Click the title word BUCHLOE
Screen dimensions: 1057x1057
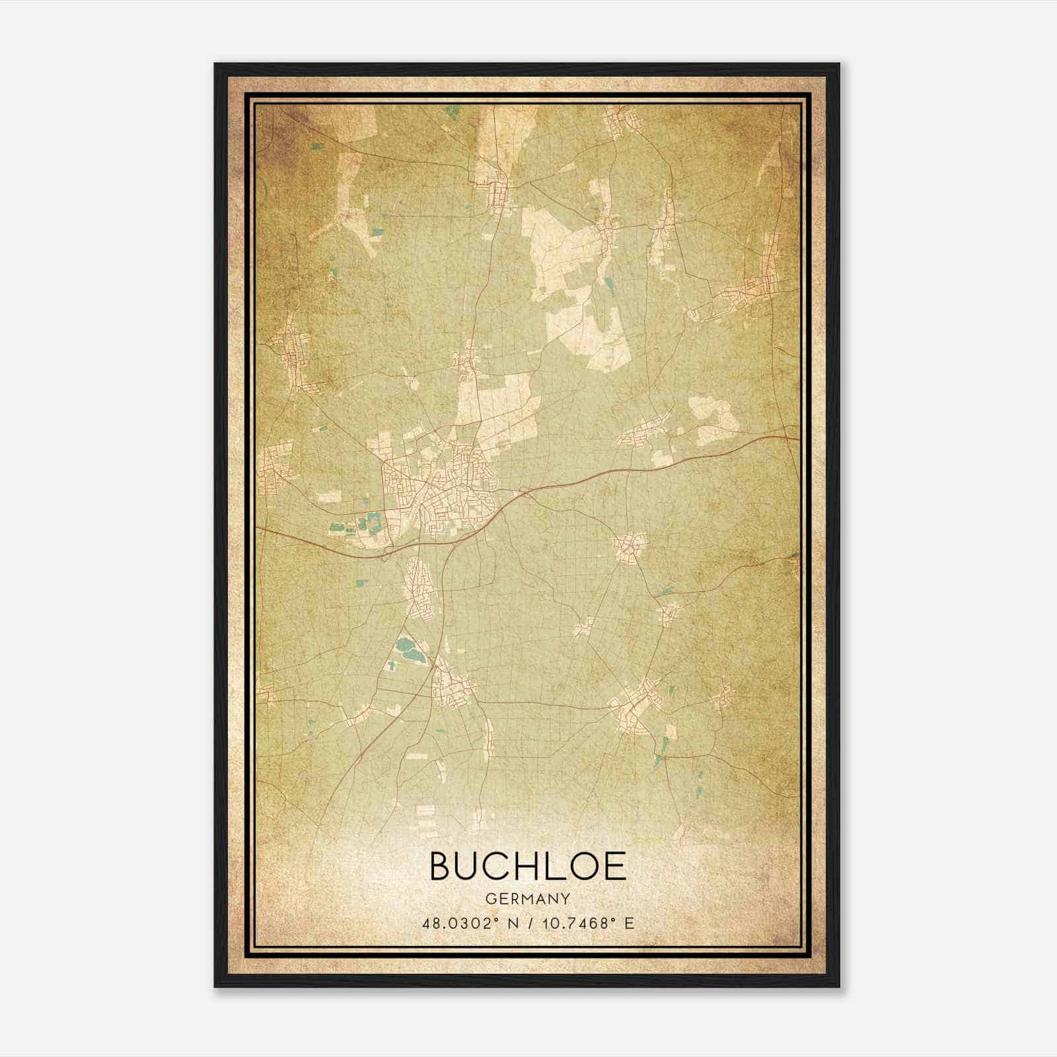[528, 866]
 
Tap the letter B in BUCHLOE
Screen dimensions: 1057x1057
[441, 866]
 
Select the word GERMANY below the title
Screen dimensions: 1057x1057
[528, 898]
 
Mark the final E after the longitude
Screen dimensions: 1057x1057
[630, 923]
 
